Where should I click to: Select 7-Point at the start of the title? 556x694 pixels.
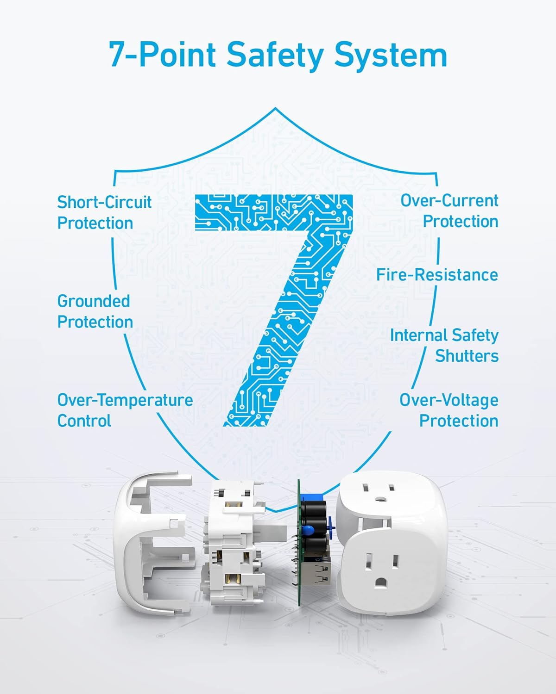(x=162, y=55)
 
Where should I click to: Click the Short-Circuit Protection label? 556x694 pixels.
(x=104, y=212)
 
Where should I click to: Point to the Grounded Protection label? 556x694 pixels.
(x=95, y=311)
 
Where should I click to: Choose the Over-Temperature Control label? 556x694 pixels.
(x=125, y=410)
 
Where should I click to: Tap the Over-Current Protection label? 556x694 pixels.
(x=449, y=211)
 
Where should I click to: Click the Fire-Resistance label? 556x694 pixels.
(x=437, y=275)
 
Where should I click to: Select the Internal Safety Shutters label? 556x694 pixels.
(x=444, y=346)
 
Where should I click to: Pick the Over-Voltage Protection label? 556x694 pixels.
(x=449, y=410)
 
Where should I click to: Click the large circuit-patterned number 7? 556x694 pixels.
(x=278, y=301)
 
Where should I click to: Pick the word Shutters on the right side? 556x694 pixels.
(x=467, y=356)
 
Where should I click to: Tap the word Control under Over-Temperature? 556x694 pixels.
(x=84, y=421)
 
